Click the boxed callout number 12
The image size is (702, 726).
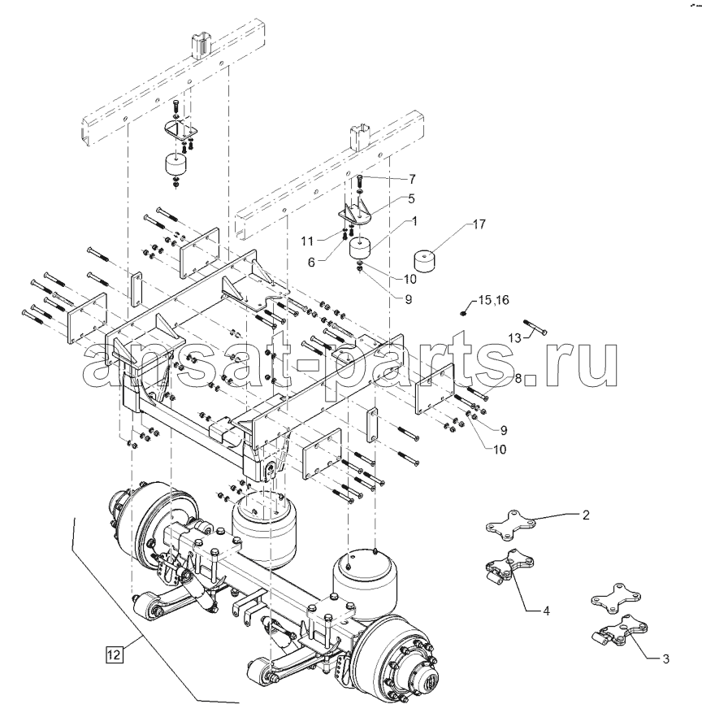coord(114,654)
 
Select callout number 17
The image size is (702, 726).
coord(479,224)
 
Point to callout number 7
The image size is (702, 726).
coord(412,179)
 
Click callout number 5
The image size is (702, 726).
coord(411,198)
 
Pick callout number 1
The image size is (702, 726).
coord(414,221)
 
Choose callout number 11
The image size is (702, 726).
coord(307,241)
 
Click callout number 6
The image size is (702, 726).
coord(311,262)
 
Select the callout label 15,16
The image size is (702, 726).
coord(494,300)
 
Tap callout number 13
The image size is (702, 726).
coord(514,338)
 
